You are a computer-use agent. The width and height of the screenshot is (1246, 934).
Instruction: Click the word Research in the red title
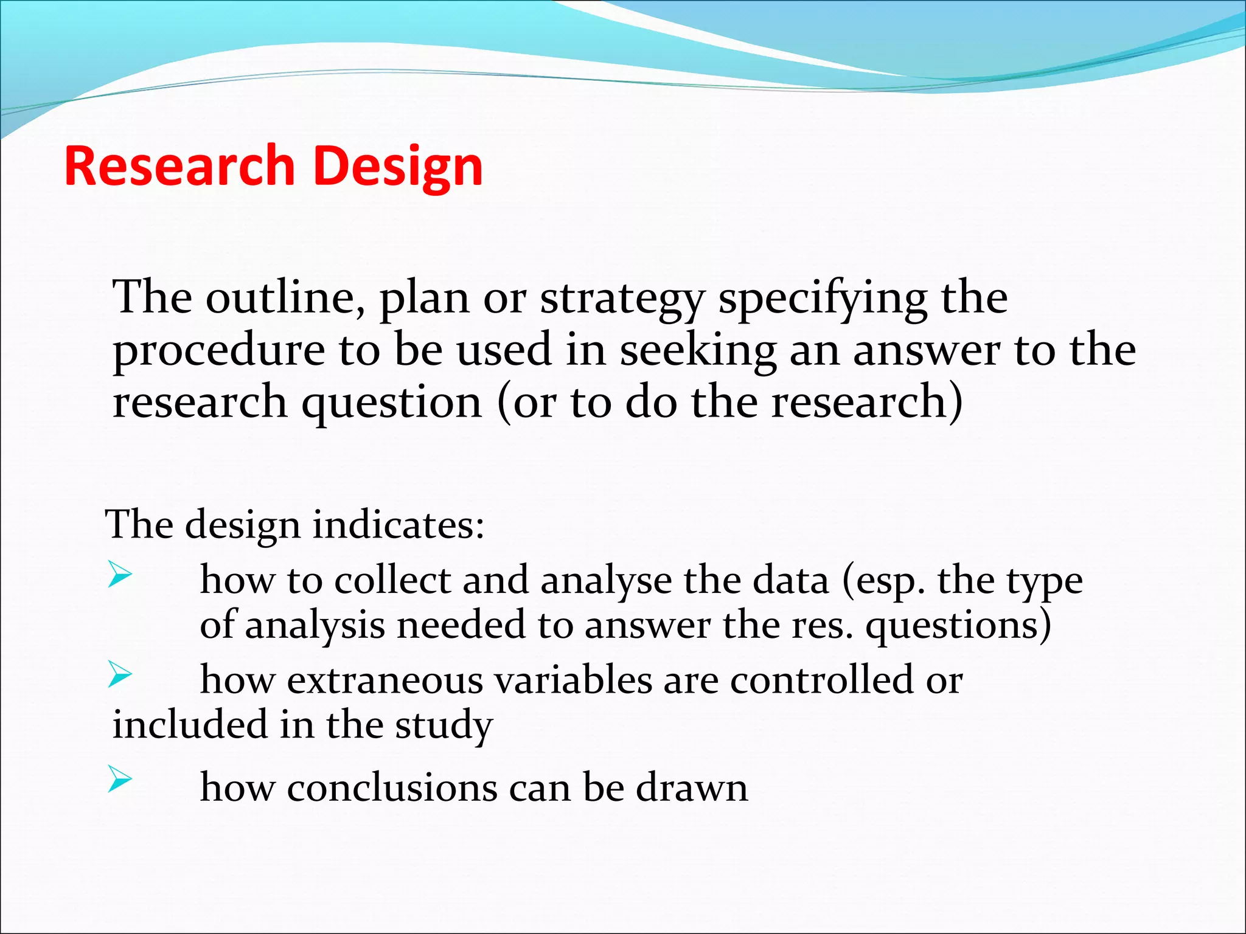pos(179,165)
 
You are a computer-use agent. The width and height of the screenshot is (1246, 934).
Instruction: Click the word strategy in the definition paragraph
pos(622,299)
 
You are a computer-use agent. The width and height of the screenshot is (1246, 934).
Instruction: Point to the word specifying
pos(823,299)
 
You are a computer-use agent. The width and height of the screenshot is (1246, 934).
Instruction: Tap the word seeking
pos(698,351)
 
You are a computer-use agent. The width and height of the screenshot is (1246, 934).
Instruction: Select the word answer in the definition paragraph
pos(926,351)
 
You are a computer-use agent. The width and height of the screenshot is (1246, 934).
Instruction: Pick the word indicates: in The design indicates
pos(398,524)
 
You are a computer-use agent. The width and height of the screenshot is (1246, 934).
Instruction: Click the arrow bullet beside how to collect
pos(120,575)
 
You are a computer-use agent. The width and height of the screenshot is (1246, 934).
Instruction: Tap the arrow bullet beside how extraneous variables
pos(120,675)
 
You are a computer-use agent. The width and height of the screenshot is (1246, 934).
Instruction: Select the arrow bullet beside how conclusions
pos(120,780)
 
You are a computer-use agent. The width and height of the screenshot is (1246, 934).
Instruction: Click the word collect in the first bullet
pos(392,579)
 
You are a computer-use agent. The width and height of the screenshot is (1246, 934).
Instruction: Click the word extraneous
pos(385,680)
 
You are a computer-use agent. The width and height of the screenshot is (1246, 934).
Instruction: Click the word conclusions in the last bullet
pos(392,788)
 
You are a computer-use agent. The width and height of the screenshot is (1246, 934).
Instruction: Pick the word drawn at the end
pos(692,788)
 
